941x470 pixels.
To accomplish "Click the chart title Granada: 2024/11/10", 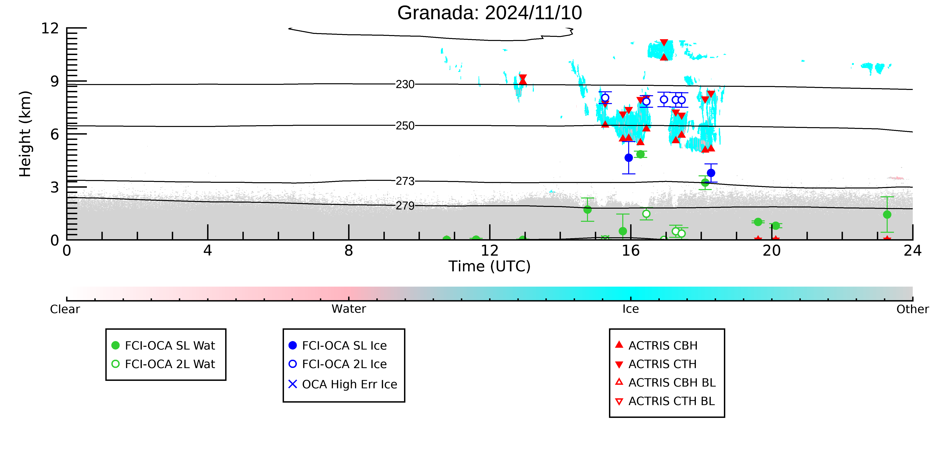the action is click(x=490, y=13).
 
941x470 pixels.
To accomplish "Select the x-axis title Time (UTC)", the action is click(x=490, y=266).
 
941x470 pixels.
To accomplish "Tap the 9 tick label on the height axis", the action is click(x=55, y=81).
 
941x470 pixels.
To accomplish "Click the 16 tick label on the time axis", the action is click(x=631, y=251).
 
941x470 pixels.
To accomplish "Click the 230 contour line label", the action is click(x=405, y=85).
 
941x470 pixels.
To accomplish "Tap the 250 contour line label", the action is click(x=405, y=126).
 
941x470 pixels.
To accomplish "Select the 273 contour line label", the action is click(x=405, y=181).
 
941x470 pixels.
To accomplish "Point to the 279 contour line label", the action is click(x=405, y=206).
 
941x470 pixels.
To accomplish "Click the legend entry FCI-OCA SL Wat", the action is click(x=163, y=346).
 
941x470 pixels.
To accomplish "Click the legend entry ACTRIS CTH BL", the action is click(x=665, y=401).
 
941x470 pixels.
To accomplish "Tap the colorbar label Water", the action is click(x=349, y=309).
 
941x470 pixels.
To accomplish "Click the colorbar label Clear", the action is click(x=65, y=309).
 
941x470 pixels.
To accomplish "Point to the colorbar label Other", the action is click(x=913, y=309).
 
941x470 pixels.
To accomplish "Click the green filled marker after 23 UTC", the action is click(x=887, y=215).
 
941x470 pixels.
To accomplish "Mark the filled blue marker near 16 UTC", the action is click(x=629, y=158).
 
